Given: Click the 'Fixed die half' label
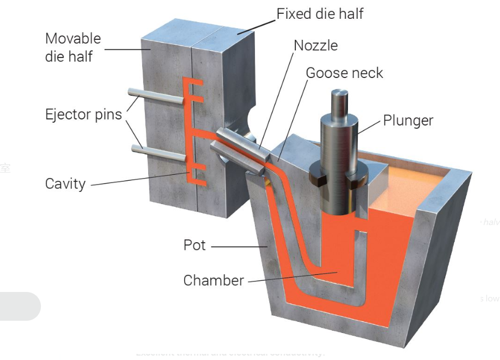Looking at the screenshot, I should point(320,14).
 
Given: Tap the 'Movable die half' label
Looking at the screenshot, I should point(73,47).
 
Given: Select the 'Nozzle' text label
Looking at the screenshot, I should point(315,45).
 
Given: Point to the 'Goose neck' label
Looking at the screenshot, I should point(344,73).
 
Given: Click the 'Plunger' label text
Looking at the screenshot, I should point(408,121).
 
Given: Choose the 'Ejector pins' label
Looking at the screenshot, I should point(84,114).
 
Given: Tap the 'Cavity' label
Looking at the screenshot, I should point(65,183).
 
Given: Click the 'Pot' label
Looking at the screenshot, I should point(195,245).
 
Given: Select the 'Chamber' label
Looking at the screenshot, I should point(213,280).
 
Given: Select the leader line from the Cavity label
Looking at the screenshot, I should point(138,178).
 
